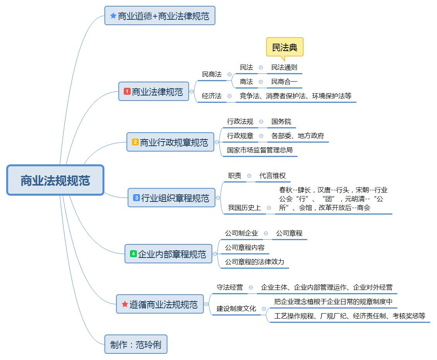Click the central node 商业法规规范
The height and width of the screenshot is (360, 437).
55,180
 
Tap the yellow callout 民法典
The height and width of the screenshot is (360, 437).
285,47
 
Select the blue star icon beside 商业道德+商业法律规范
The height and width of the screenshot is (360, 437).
113,16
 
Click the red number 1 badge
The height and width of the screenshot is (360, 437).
127,92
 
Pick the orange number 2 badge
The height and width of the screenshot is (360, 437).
135,142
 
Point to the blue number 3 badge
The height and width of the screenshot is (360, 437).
136,198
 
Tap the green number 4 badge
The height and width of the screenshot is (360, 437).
133,254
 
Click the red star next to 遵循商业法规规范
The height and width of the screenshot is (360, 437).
125,304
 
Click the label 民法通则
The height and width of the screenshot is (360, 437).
284,68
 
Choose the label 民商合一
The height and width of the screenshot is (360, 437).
284,82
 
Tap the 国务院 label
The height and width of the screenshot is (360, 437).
281,122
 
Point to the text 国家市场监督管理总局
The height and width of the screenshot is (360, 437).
259,150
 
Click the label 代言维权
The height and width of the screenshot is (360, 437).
272,176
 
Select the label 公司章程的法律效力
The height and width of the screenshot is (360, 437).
254,262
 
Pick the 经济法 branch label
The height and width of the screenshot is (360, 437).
212,96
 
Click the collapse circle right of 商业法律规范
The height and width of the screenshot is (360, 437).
192,92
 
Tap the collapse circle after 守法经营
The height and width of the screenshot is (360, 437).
251,288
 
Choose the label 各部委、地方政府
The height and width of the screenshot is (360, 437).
297,136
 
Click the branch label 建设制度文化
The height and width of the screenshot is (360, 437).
236,309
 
